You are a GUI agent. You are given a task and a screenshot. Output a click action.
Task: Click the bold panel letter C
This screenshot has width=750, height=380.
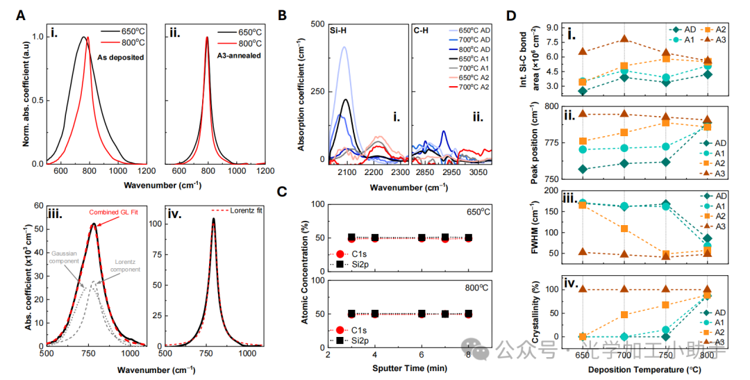281,192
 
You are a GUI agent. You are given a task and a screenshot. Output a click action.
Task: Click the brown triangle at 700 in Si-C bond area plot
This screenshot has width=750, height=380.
625,40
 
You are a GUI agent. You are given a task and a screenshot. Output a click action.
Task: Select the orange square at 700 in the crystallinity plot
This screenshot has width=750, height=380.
625,315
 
